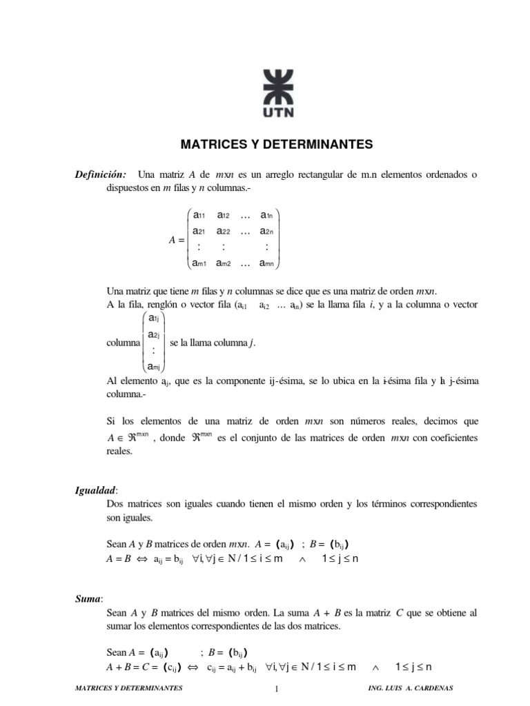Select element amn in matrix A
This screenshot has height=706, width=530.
268,263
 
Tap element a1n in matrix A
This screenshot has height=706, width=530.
268,215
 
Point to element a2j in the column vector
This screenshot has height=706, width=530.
154,335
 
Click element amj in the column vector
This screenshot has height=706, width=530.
154,365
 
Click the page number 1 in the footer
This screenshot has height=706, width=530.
275,689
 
